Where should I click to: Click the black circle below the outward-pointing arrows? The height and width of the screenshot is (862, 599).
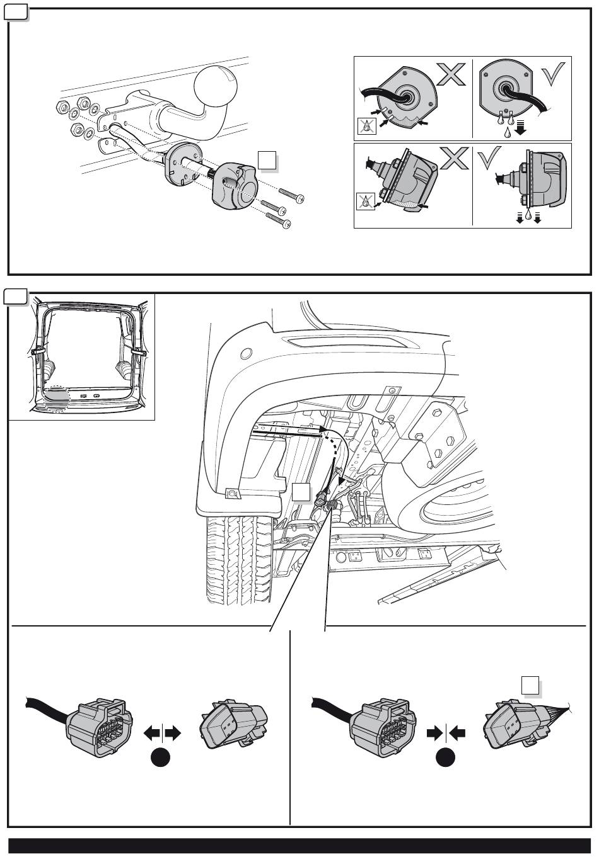(x=162, y=760)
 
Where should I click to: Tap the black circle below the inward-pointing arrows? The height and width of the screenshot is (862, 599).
(x=446, y=760)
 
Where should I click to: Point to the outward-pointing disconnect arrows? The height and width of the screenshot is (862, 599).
(x=163, y=732)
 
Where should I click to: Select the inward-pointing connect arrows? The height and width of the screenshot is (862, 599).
(x=446, y=732)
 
